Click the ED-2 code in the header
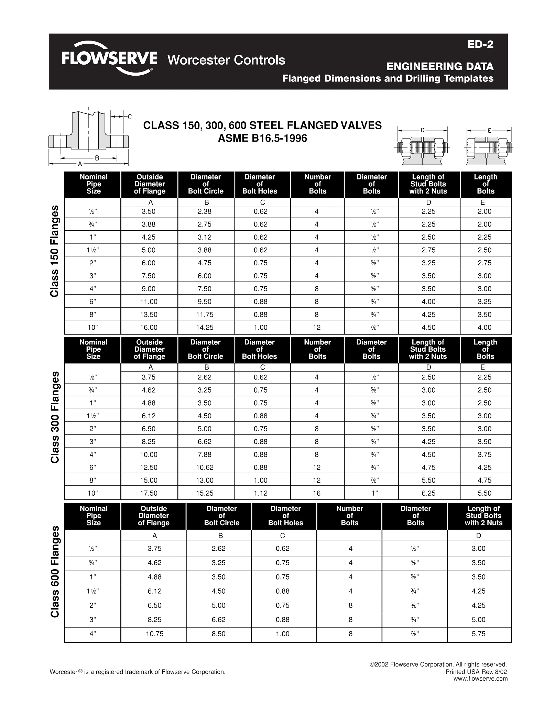[480, 44]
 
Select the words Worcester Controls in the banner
[226, 60]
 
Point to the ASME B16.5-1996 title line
[262, 138]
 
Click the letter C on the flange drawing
[130, 117]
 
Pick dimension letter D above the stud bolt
[423, 130]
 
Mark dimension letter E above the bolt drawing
[489, 130]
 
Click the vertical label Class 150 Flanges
[55, 251]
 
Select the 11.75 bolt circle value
[205, 315]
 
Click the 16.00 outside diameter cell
[149, 328]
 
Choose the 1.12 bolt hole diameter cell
[260, 493]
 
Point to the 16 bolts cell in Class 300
[317, 493]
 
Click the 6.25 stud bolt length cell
[428, 493]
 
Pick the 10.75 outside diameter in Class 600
[154, 634]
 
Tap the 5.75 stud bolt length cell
[478, 634]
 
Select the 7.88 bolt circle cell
[205, 454]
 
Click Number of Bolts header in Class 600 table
[349, 516]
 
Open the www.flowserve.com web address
[480, 679]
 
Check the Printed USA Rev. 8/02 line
[476, 672]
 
